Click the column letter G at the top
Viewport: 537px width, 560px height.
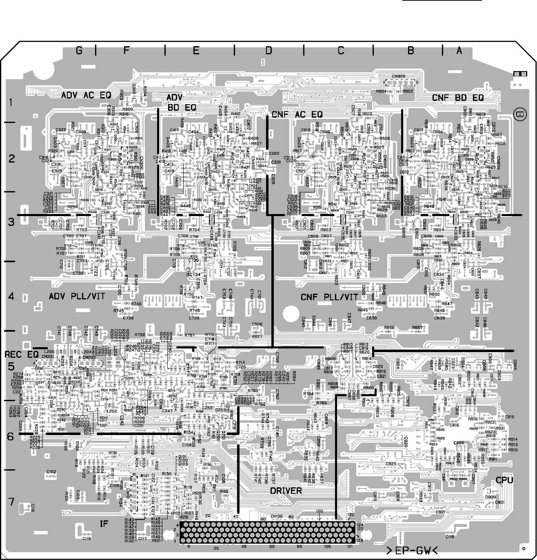[79, 50]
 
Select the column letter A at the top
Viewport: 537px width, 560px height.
[459, 50]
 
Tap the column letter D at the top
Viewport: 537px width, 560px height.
[268, 50]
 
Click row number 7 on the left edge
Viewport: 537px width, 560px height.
[11, 501]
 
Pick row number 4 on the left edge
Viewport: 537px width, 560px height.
[11, 296]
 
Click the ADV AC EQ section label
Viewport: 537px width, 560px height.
[86, 96]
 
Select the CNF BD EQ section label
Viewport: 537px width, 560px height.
[457, 98]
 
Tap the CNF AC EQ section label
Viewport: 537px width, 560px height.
[297, 114]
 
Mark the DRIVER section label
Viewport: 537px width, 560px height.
[286, 491]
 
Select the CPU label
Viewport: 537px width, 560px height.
[504, 480]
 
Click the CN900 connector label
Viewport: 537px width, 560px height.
[398, 76]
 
